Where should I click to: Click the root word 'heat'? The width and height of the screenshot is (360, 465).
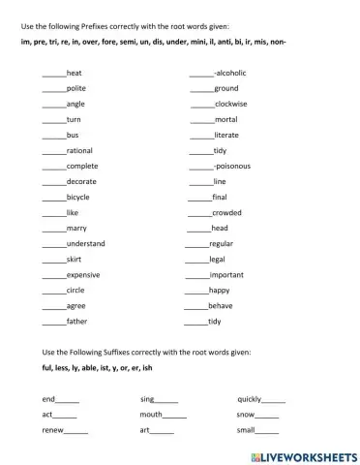[x=75, y=74]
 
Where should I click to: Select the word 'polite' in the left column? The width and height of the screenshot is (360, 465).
[x=76, y=88]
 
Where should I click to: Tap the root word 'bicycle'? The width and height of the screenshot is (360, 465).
[x=78, y=197]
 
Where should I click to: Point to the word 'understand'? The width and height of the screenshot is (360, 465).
[x=86, y=243]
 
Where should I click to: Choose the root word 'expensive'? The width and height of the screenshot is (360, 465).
[x=83, y=274]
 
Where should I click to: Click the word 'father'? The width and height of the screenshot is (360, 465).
[x=77, y=321]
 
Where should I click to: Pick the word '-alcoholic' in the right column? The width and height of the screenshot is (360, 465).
[x=231, y=74]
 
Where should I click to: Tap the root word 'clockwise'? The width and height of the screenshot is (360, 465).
[x=232, y=104]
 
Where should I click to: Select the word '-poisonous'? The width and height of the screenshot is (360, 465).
[x=231, y=166]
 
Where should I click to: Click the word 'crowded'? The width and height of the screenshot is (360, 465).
[x=226, y=212]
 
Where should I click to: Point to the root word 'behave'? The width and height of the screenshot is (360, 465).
[x=221, y=305]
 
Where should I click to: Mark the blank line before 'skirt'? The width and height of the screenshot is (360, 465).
[x=54, y=261]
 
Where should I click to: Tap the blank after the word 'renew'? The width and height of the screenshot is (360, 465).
[x=75, y=431]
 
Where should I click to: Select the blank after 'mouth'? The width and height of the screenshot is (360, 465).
[x=175, y=416]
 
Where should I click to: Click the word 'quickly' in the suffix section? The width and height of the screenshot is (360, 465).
[x=250, y=399]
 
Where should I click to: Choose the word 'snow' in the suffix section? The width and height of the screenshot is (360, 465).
[x=246, y=415]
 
